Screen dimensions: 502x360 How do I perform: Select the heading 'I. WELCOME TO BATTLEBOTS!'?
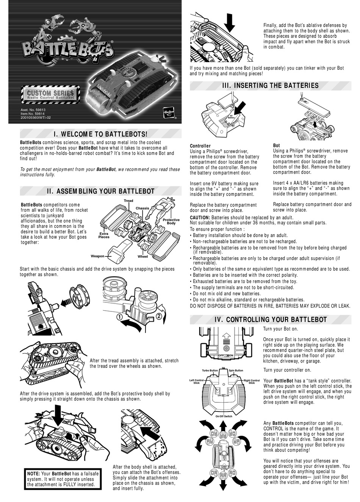pyautogui.click(x=100, y=134)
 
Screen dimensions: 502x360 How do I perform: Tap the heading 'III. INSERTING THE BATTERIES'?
pyautogui.click(x=271, y=85)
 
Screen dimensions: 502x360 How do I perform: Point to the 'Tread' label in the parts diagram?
pyautogui.click(x=128, y=201)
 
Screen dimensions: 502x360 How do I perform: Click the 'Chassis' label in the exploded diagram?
pyautogui.click(x=142, y=208)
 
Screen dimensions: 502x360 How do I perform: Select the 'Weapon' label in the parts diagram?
pyautogui.click(x=97, y=256)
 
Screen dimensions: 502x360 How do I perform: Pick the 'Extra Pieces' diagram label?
pyautogui.click(x=104, y=235)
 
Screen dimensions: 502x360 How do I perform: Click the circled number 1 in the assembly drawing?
pyautogui.click(x=119, y=317)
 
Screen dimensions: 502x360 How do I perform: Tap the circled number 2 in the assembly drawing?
pyautogui.click(x=159, y=315)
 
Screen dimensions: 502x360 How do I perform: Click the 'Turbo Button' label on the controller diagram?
pyautogui.click(x=210, y=370)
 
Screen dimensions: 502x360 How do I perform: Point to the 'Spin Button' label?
pyautogui.click(x=236, y=370)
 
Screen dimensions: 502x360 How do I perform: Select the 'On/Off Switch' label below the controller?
pyautogui.click(x=224, y=416)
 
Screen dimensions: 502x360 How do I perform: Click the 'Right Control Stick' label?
pyautogui.click(x=252, y=382)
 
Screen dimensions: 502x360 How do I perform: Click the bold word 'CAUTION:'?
pyautogui.click(x=200, y=217)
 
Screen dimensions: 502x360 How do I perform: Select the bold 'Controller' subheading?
pyautogui.click(x=200, y=146)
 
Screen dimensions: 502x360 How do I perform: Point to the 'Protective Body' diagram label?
pyautogui.click(x=171, y=222)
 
